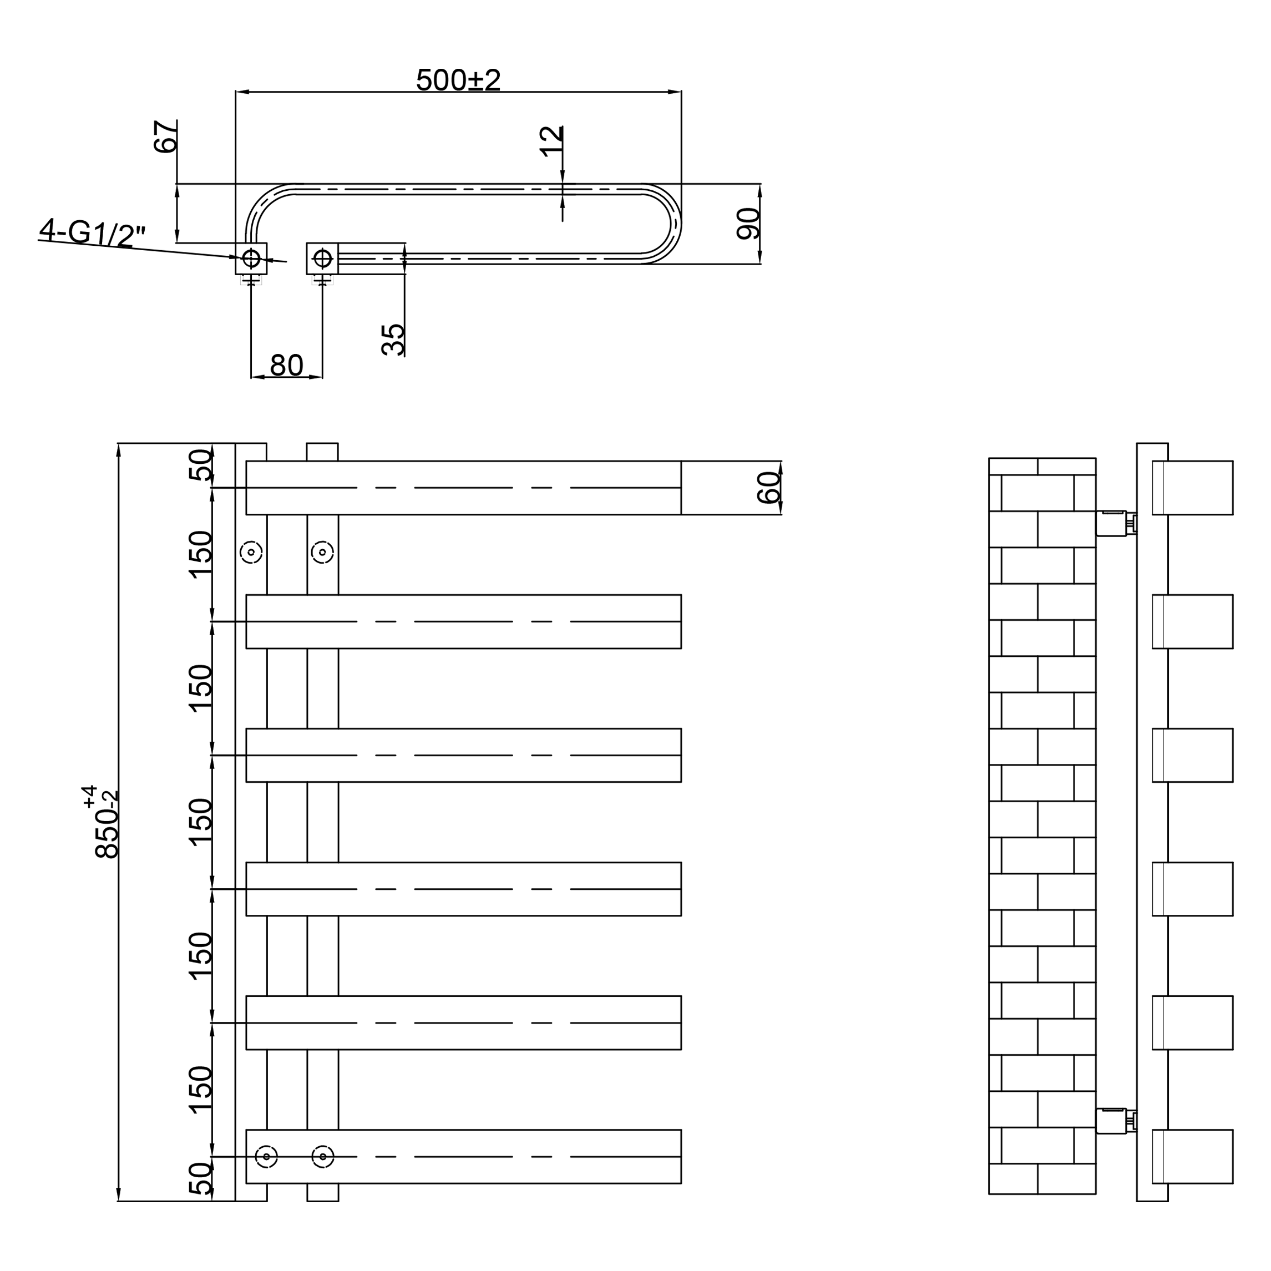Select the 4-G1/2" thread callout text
click(x=92, y=234)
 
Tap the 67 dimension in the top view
click(x=165, y=136)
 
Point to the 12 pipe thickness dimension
click(x=551, y=141)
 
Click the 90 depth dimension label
click(x=748, y=224)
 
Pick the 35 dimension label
click(x=393, y=340)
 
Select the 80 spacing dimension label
click(x=286, y=365)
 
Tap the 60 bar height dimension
click(x=768, y=488)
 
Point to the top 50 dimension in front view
click(x=201, y=464)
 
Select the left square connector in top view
click(x=251, y=259)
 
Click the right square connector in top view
click(x=322, y=259)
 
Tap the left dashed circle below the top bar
click(x=251, y=553)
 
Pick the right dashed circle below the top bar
click(x=322, y=553)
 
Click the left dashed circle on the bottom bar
click(x=266, y=1157)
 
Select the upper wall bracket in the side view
click(x=1116, y=523)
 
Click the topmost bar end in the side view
click(x=1192, y=488)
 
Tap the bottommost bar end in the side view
click(x=1192, y=1157)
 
